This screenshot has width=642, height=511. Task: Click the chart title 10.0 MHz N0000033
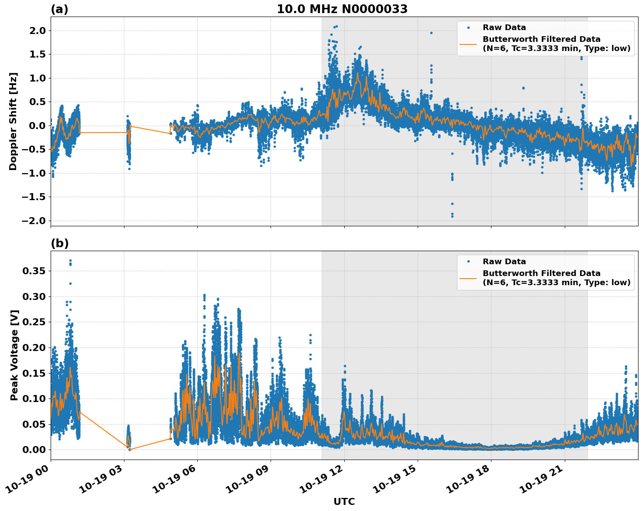coord(342,9)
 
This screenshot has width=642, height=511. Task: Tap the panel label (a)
coord(59,9)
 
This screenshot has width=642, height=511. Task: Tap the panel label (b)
coord(59,243)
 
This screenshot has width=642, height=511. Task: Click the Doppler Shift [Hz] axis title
coord(13,121)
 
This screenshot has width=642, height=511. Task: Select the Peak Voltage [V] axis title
coord(14,355)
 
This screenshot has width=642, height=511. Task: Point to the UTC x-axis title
coord(344,501)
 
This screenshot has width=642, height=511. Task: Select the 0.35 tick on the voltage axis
coord(34,271)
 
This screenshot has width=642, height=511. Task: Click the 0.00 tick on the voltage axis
coord(34,450)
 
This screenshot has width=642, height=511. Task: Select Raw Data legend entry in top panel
coord(504,27)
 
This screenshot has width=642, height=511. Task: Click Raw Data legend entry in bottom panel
coord(504,262)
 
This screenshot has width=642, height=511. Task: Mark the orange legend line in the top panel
coord(468,44)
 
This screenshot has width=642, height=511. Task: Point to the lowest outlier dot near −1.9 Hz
coord(452,216)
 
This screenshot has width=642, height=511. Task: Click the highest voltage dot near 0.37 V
coord(70,261)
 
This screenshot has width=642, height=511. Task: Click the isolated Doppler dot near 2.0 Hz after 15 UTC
coord(431,33)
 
